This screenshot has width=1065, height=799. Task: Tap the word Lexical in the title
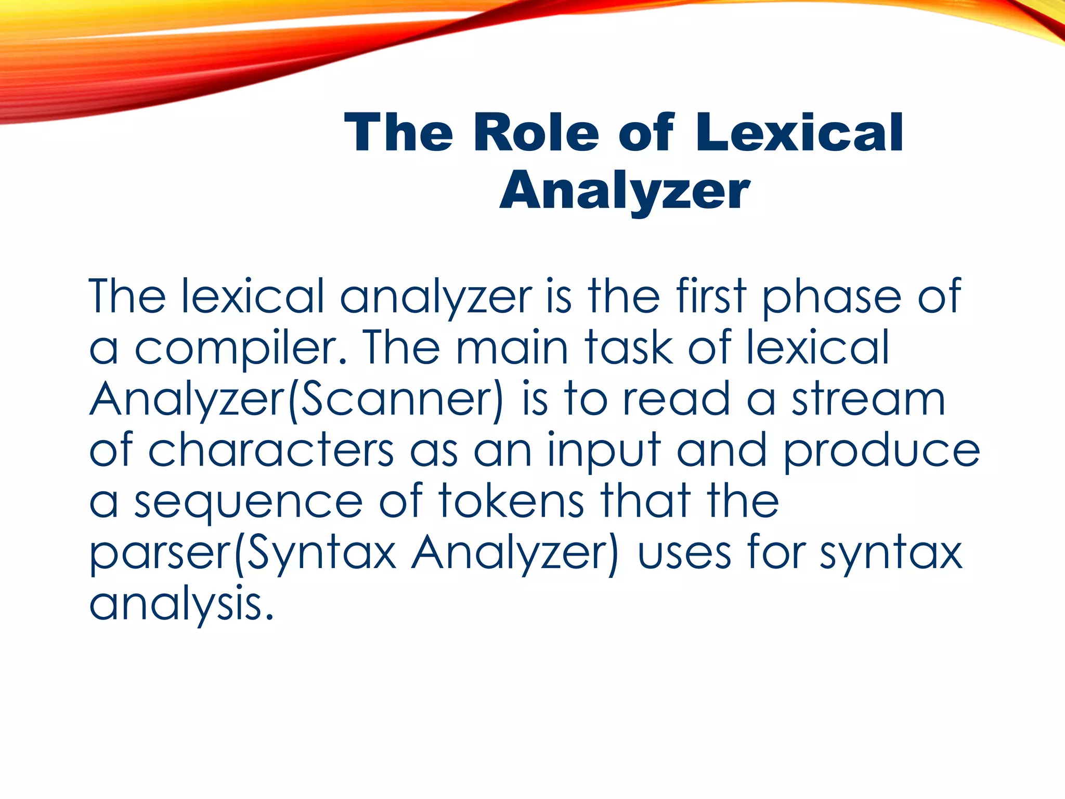[x=800, y=133]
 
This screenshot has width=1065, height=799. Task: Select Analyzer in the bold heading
[x=625, y=191]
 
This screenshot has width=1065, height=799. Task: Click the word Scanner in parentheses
[x=395, y=399]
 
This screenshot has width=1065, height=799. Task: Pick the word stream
[x=868, y=399]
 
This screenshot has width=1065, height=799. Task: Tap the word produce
[x=881, y=450]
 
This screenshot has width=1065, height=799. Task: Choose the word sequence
[x=249, y=502]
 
